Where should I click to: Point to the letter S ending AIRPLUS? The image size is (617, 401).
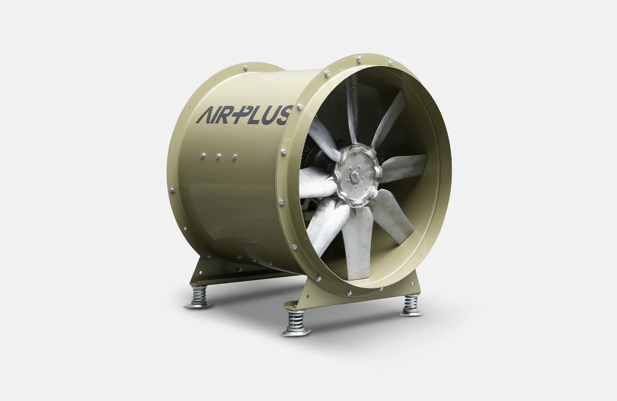click(284, 115)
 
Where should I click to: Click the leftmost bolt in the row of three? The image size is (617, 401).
click(202, 155)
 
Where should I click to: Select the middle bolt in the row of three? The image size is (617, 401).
click(218, 156)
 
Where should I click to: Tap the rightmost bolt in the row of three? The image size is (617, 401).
click(234, 157)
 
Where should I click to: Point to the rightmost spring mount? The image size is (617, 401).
click(411, 305)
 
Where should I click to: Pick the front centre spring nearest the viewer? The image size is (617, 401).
click(294, 321)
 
